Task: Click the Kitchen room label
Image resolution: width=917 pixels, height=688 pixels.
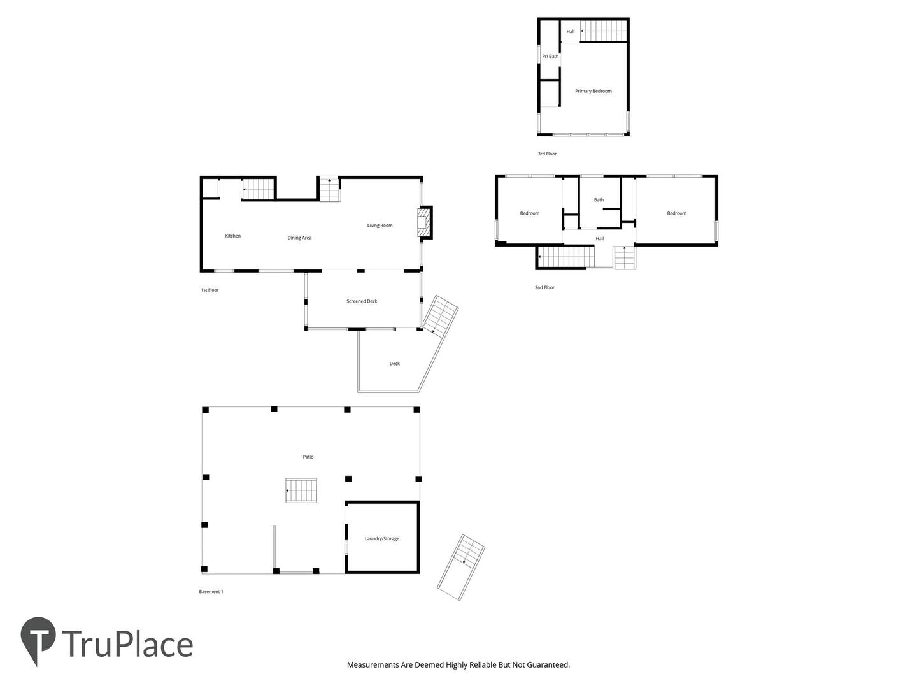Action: click(232, 236)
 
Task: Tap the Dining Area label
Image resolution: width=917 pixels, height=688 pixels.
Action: click(299, 238)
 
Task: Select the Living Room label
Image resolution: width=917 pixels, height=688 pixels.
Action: click(380, 226)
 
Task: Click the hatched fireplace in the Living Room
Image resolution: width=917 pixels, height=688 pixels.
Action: click(422, 223)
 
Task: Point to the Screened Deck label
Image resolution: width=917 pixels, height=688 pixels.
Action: click(361, 301)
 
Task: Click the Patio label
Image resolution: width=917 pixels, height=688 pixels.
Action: click(308, 457)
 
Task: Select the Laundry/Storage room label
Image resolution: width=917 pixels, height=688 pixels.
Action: click(382, 538)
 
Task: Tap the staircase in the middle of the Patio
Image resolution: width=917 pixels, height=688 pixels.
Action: click(301, 490)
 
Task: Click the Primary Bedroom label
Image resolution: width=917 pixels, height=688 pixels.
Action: click(593, 91)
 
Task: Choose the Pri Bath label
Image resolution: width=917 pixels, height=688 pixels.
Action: click(550, 57)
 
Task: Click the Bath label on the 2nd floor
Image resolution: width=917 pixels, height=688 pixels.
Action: click(598, 199)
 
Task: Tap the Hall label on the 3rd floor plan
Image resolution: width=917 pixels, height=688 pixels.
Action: click(570, 31)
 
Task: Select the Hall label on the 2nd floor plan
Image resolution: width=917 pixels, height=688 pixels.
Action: click(599, 238)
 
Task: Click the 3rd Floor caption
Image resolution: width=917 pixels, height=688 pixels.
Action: click(547, 154)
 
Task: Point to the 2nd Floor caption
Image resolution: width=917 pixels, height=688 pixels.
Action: click(544, 287)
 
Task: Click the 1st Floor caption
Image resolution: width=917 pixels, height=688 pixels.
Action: click(210, 290)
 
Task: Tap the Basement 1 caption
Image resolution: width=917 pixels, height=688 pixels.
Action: click(211, 592)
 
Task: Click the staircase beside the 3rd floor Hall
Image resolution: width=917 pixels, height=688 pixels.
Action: click(604, 31)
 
